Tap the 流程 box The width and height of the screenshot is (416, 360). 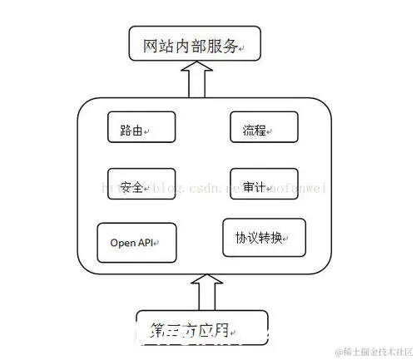(x=263, y=129)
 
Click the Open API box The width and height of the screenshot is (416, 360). (x=137, y=243)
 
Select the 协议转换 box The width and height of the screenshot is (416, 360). (x=264, y=239)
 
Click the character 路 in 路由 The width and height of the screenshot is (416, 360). (x=127, y=130)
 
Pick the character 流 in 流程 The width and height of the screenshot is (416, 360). (x=250, y=130)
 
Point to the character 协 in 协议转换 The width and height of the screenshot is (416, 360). (x=230, y=239)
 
